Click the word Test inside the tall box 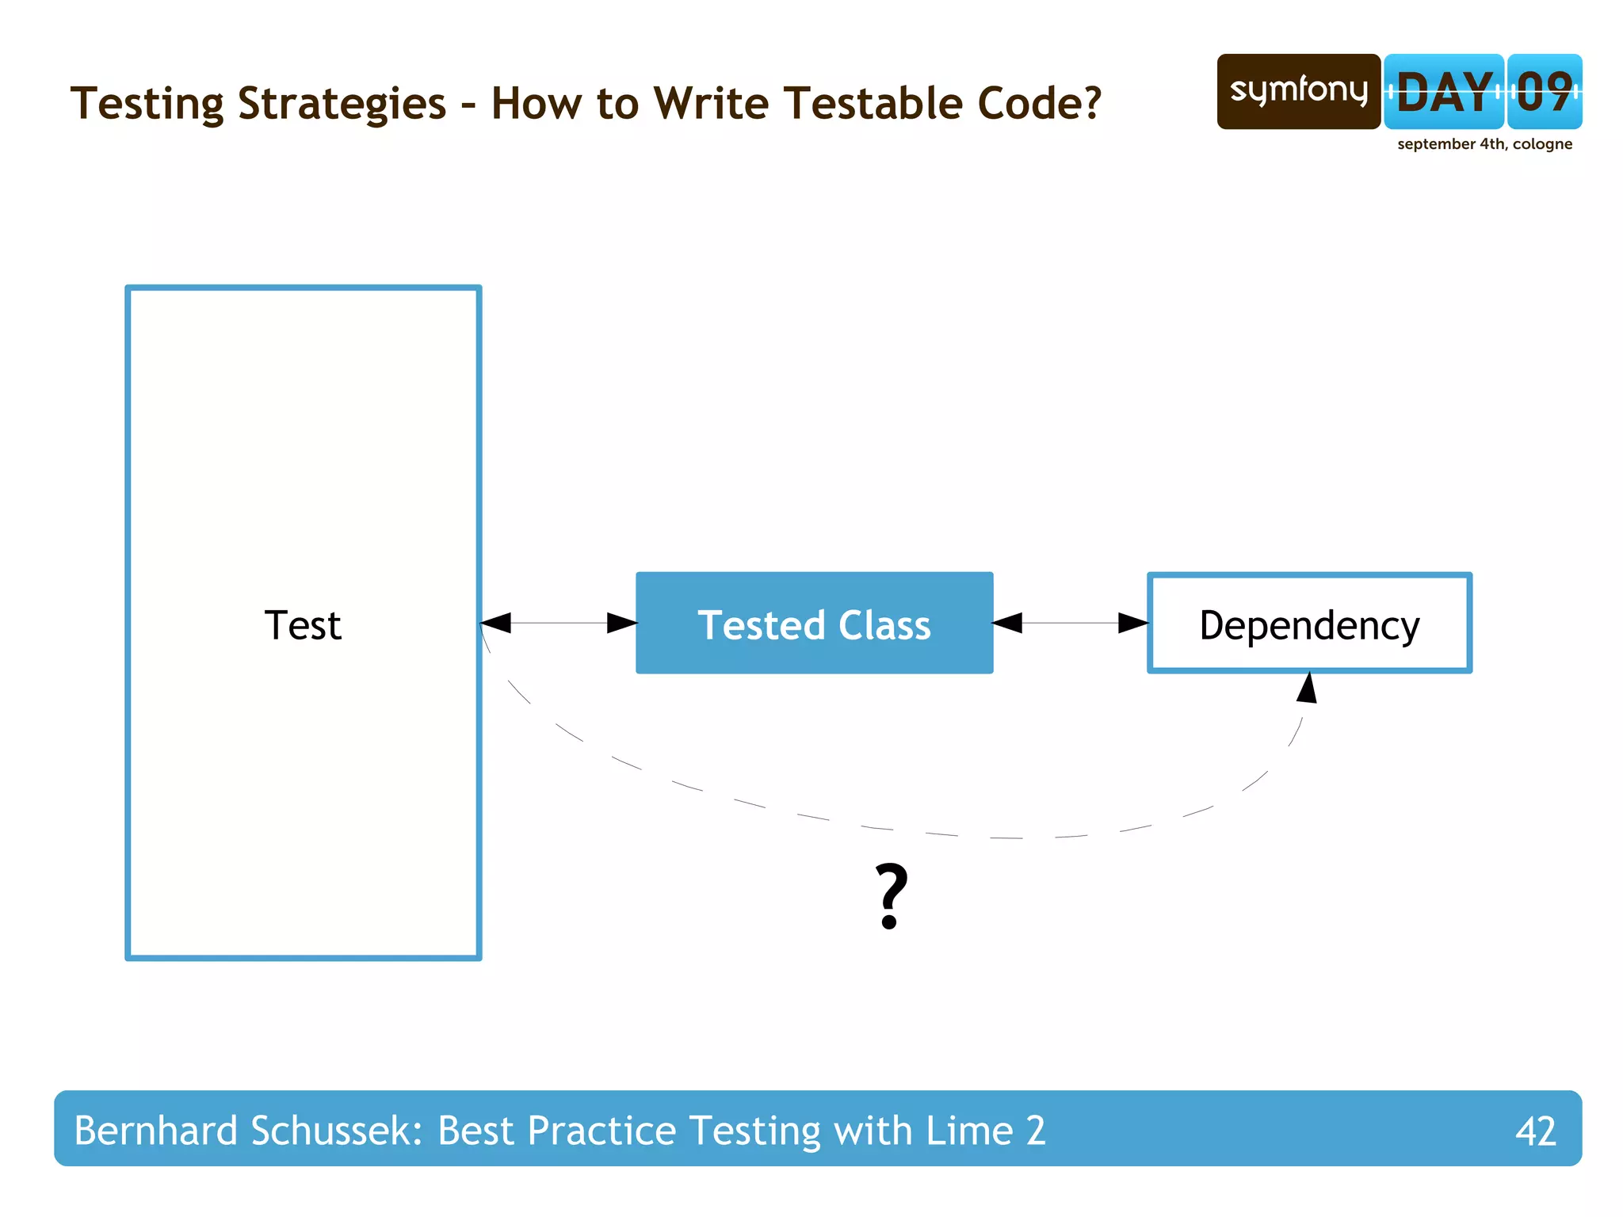302,626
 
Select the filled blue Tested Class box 814,624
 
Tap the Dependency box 1309,624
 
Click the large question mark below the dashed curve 891,896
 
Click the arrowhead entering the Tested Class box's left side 622,623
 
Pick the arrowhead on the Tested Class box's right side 1008,623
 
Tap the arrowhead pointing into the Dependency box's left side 1133,623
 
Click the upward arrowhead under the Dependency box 1308,689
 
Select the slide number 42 1535,1131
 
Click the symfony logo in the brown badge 1298,91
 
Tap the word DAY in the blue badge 1444,93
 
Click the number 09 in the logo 1545,93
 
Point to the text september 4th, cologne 1484,144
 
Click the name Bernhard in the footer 155,1131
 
